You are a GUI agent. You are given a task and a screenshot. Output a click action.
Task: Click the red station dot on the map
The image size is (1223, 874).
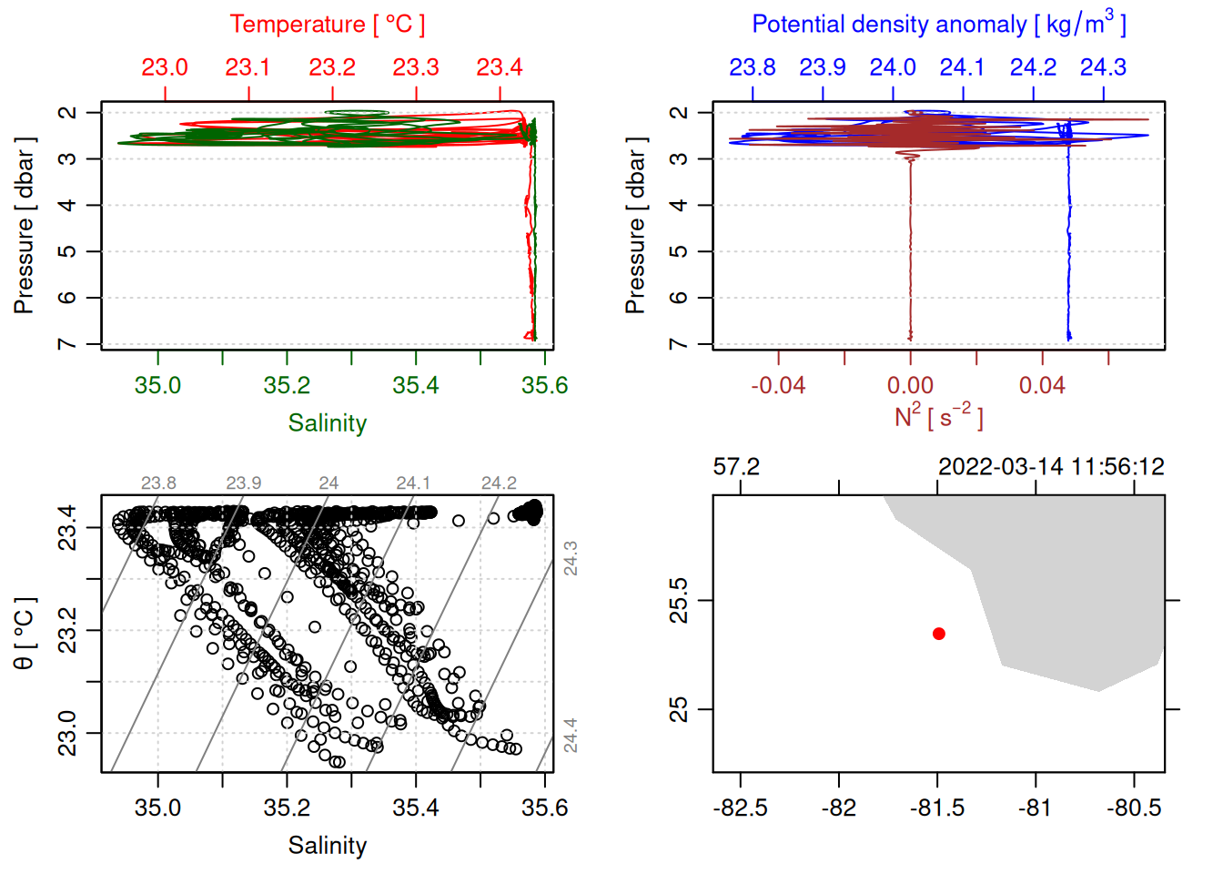pyautogui.click(x=939, y=634)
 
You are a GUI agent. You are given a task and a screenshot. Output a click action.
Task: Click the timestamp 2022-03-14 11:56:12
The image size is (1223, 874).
pyautogui.click(x=1051, y=467)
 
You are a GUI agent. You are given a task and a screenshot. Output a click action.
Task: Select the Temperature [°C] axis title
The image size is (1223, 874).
pyautogui.click(x=328, y=25)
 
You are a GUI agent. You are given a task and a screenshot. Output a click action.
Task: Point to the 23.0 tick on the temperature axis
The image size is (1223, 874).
pyautogui.click(x=165, y=67)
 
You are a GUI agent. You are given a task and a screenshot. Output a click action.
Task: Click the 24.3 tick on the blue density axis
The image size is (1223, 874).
pyautogui.click(x=1103, y=67)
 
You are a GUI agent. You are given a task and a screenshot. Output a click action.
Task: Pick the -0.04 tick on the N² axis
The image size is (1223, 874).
pyautogui.click(x=778, y=386)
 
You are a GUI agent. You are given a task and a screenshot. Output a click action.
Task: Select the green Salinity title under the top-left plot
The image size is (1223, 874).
pyautogui.click(x=328, y=423)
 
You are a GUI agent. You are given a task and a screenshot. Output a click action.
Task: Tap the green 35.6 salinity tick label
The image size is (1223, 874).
pyautogui.click(x=544, y=386)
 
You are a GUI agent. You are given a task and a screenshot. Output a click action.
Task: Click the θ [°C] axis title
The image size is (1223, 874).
pyautogui.click(x=25, y=634)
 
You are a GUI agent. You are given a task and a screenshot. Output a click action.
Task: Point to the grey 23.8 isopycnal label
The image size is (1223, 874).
pyautogui.click(x=158, y=483)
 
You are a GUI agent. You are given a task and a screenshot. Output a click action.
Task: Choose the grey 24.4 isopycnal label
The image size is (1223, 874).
pyautogui.click(x=571, y=736)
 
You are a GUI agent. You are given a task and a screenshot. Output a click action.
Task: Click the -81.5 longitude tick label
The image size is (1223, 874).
pyautogui.click(x=937, y=808)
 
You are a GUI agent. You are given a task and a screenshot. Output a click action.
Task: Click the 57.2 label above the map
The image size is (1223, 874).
pyautogui.click(x=736, y=467)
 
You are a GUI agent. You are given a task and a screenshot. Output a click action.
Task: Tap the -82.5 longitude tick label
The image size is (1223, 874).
pyautogui.click(x=741, y=808)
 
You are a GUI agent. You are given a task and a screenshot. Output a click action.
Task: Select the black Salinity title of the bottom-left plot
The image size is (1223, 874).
pyautogui.click(x=328, y=846)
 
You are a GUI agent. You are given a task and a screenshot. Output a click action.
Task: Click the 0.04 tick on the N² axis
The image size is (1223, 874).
pyautogui.click(x=1042, y=386)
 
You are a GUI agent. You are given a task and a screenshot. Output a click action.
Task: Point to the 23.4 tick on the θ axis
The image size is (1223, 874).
pyautogui.click(x=68, y=527)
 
